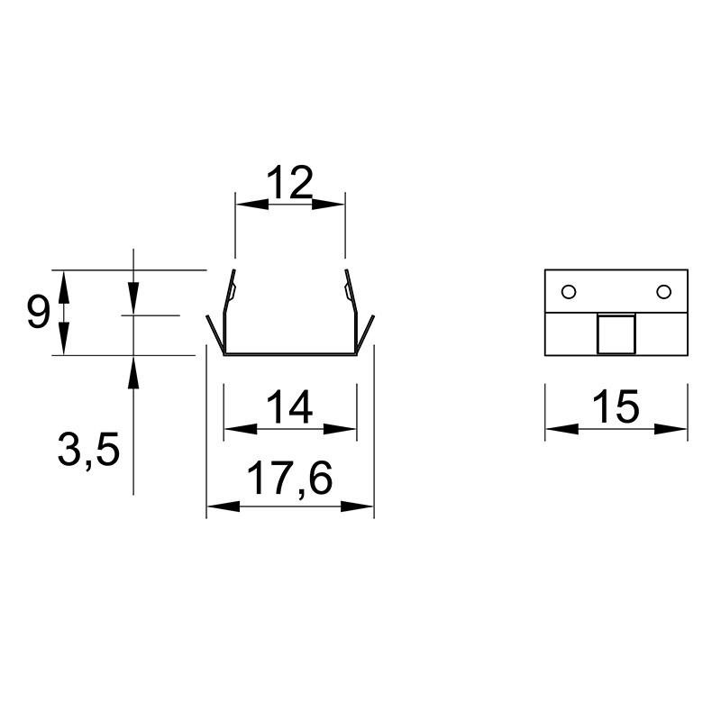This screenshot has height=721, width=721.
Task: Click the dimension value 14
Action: [x=289, y=407]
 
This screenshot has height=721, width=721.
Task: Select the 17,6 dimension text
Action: [x=289, y=479]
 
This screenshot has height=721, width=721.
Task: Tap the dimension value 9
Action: [x=39, y=312]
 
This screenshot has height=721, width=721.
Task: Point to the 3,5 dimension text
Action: [x=88, y=448]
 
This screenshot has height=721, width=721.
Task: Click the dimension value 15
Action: [x=616, y=406]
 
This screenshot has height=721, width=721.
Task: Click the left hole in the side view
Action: [x=569, y=291]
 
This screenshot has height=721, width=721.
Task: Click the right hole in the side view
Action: [x=663, y=291]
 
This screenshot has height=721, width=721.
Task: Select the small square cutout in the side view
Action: [x=616, y=334]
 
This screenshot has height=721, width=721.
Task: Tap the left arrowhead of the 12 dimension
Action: [x=252, y=204]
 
